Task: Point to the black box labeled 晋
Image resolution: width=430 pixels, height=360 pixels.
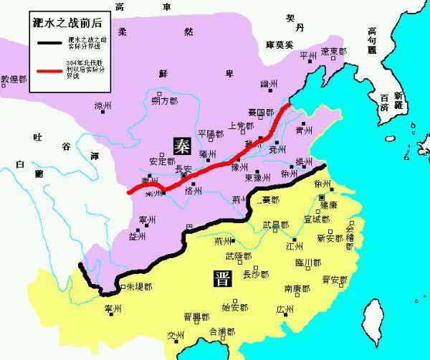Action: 221,280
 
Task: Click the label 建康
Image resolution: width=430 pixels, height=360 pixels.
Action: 329,206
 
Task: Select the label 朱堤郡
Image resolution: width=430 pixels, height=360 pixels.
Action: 138,286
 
